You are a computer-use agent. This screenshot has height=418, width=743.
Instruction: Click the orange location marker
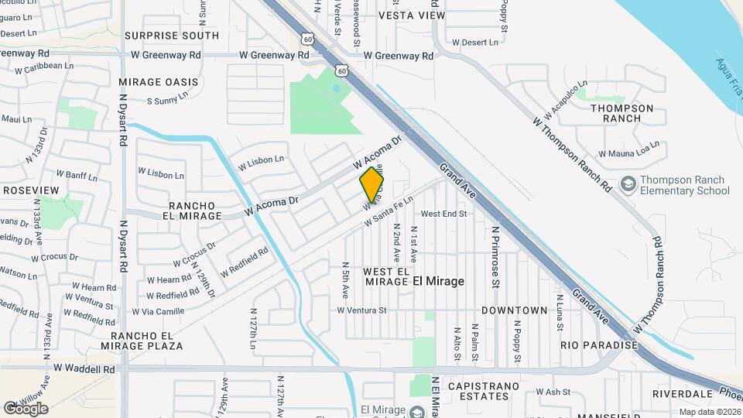372,184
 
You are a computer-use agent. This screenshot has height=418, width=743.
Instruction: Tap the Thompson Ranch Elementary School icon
628,184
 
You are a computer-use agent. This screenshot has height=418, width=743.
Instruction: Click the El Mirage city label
438,282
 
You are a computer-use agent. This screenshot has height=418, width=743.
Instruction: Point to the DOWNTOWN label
515,310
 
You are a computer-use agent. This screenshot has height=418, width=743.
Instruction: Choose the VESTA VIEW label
413,15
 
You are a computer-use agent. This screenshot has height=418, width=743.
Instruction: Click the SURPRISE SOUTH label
172,36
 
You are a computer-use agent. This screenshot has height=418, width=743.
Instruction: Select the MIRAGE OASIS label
159,82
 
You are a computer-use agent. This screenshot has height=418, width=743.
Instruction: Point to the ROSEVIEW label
31,190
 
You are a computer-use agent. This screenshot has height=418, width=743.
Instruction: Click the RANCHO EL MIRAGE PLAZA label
147,341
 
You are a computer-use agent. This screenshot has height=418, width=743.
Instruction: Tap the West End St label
444,214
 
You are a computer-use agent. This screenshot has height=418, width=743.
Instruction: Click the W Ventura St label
361,310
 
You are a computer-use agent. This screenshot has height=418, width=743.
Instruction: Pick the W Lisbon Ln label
261,162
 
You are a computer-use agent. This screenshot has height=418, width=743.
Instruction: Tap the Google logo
26,408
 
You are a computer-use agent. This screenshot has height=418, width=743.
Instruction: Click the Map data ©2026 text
709,412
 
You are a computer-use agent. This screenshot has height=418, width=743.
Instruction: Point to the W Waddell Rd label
84,368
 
